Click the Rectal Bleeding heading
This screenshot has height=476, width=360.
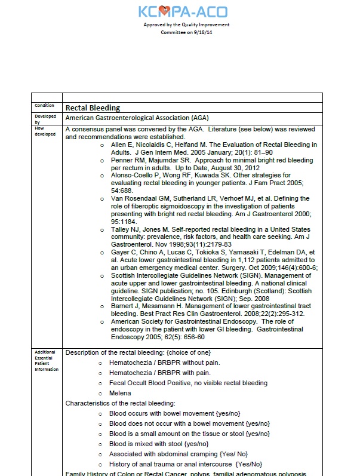point(93,108)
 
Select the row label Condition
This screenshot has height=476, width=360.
point(45,106)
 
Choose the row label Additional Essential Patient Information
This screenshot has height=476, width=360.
point(47,361)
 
